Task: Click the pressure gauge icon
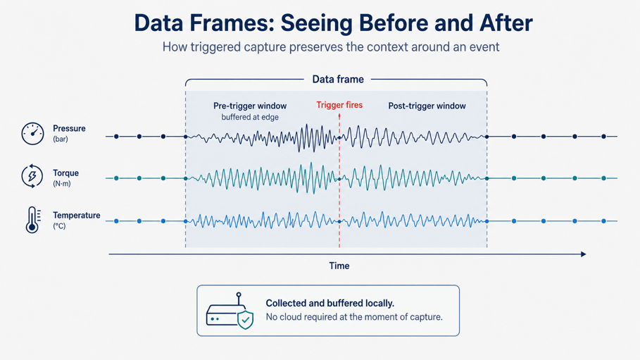[32, 134]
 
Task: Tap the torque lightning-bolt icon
[32, 176]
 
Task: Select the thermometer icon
[32, 220]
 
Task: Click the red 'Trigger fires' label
[339, 105]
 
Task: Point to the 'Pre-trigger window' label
[250, 106]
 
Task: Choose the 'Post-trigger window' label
[427, 106]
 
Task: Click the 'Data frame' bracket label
[338, 80]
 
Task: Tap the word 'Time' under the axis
[339, 266]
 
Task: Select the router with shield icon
[230, 311]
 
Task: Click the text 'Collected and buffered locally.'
[330, 303]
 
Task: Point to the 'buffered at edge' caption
[250, 117]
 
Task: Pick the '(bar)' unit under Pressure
[61, 139]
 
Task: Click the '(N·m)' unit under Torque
[62, 184]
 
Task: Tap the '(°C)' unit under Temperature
[59, 226]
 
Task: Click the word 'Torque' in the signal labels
[65, 173]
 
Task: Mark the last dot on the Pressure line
[603, 137]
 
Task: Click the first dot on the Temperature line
[116, 221]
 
